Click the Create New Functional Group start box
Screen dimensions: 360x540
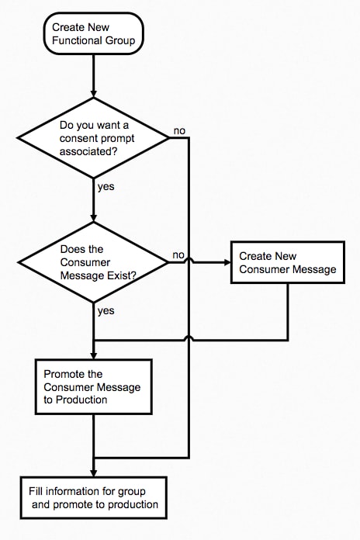pos(93,33)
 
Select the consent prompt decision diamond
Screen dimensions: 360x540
pos(93,138)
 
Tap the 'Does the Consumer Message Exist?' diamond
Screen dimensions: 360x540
pos(93,262)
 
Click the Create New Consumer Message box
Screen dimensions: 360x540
pos(288,262)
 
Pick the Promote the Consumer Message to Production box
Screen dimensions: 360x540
pos(93,386)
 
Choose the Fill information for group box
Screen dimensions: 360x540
pos(93,497)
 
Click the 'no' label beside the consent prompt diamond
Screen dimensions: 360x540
pos(179,131)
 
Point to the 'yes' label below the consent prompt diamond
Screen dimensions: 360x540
pos(106,187)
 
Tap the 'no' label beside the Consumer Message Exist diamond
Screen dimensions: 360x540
pos(178,255)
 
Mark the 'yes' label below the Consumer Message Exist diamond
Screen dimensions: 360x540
pos(106,311)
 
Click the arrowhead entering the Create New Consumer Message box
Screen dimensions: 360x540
pos(227,262)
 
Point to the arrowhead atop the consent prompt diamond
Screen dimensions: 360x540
pos(93,95)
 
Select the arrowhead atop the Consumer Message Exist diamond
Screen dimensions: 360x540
pos(93,219)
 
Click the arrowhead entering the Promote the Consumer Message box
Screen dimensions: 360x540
pos(93,356)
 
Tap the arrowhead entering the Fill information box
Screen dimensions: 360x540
pos(93,473)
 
